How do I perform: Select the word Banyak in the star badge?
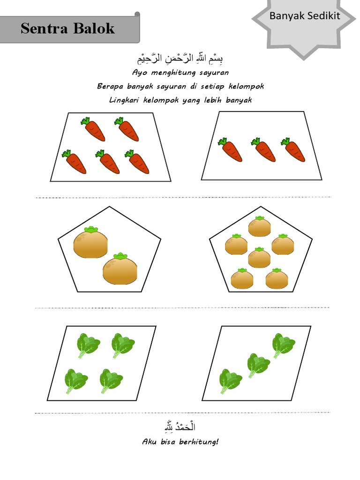(286, 16)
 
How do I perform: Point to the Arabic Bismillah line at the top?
(180, 59)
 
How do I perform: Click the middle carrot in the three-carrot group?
(263, 150)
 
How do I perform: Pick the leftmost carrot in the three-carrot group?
(230, 150)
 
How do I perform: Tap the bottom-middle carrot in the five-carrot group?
(107, 162)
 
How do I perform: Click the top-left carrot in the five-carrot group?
(93, 129)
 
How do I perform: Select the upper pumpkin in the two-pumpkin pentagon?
(90, 242)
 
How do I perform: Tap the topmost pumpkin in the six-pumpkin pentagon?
(259, 226)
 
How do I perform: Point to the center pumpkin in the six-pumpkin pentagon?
(259, 257)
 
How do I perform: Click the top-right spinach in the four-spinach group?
(123, 345)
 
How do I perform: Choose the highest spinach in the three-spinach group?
(284, 345)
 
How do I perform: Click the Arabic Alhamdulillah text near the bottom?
(180, 427)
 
